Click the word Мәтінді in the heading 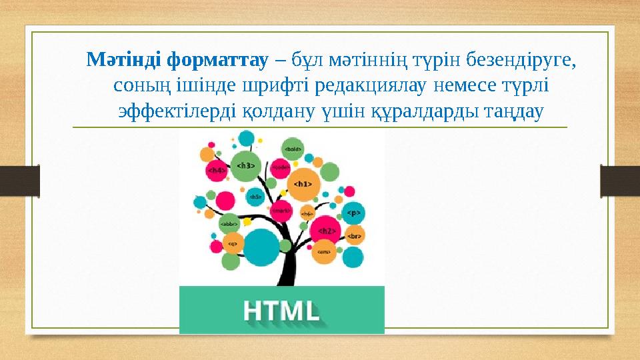[x=125, y=61]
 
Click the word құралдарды [x=434, y=110]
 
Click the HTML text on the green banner [x=281, y=311]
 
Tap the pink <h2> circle [x=326, y=230]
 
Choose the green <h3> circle [x=246, y=165]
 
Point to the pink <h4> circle [x=217, y=171]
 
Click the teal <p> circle [x=353, y=213]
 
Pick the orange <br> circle [x=354, y=235]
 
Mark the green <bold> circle [x=293, y=149]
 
